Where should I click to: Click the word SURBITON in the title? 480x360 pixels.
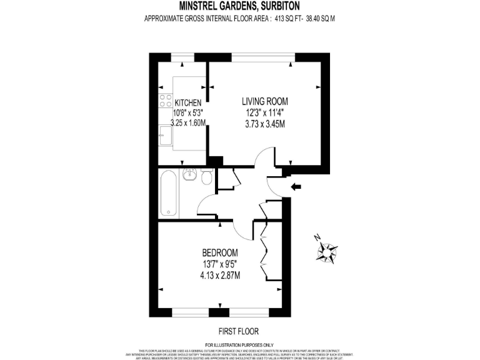pos(277,6)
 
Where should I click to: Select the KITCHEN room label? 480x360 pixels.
pos(187,102)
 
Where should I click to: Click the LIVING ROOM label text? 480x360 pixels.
pos(265,100)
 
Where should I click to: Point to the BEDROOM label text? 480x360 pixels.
pos(221,252)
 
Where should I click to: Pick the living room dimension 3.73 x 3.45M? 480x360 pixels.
pos(265,124)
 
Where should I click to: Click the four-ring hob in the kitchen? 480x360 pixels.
pos(166,99)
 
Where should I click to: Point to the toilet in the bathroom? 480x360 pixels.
pos(206,177)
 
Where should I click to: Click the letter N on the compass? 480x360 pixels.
pos(318,237)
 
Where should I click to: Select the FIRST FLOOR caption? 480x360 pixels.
pos(239,331)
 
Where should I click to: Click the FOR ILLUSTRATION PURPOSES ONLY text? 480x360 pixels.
pos(239,344)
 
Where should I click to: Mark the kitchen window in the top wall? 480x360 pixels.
pos(182,57)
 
